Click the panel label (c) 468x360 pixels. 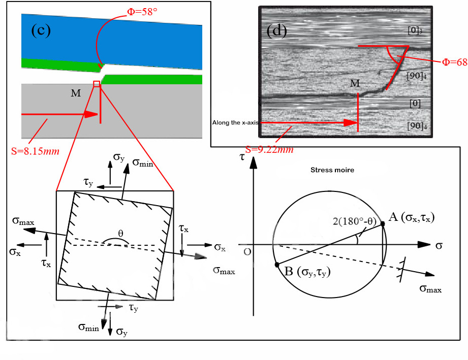pyautogui.click(x=41, y=30)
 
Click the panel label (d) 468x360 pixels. pyautogui.click(x=277, y=31)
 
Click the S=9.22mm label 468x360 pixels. pyautogui.click(x=269, y=149)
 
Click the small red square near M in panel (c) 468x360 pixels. pyautogui.click(x=97, y=84)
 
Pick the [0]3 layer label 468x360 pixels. pyautogui.click(x=415, y=30)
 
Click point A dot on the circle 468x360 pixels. pyautogui.click(x=383, y=223)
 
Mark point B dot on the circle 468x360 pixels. pyautogui.click(x=276, y=265)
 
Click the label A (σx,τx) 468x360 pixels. pyautogui.click(x=411, y=218)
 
